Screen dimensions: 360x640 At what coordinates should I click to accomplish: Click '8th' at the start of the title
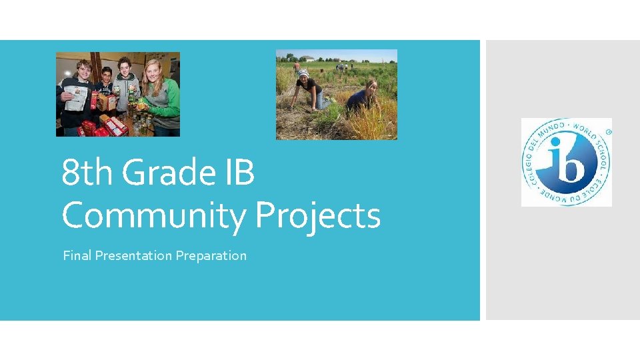pos(87,173)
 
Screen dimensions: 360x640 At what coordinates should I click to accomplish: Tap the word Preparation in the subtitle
pos(211,255)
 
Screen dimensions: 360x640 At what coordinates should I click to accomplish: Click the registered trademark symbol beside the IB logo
pos(608,131)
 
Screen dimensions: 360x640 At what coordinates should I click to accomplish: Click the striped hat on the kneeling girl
pos(304,73)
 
